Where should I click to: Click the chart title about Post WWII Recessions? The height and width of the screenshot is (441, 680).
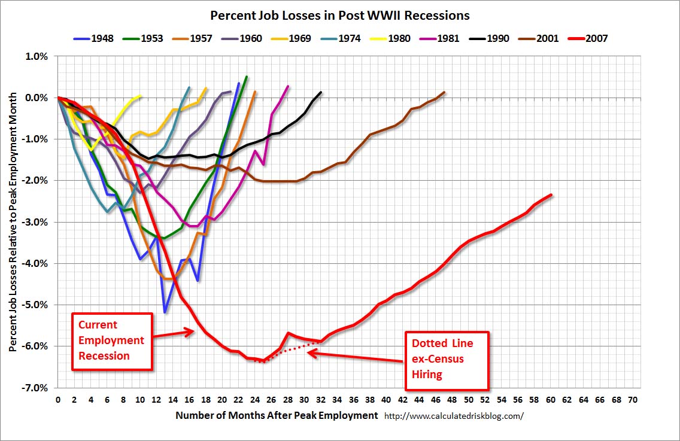339,15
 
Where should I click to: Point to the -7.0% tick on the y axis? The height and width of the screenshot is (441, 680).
35,388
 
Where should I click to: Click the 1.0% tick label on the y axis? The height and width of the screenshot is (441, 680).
37,56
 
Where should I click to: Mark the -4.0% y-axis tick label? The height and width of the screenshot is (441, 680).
35,263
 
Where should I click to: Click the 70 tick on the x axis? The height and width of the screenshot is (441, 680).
632,399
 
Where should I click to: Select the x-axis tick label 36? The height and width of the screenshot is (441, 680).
353,399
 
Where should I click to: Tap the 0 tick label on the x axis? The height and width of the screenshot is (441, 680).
58,399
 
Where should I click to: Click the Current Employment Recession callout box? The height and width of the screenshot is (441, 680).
112,340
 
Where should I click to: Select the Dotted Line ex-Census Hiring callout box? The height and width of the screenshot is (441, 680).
447,359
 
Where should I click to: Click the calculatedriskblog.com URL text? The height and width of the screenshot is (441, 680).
453,415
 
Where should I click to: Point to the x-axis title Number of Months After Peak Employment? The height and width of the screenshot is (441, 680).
277,415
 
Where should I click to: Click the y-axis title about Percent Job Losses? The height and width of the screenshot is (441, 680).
13,221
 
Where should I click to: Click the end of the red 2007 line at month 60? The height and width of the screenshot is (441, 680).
550,194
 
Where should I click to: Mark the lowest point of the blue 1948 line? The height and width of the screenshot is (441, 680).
165,312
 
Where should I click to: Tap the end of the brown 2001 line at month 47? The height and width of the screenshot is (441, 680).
444,92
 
